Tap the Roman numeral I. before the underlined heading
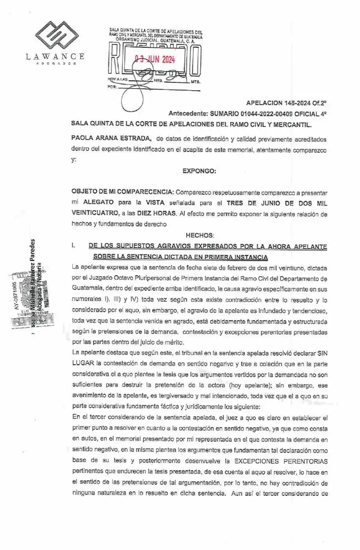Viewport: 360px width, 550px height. pyautogui.click(x=74, y=246)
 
